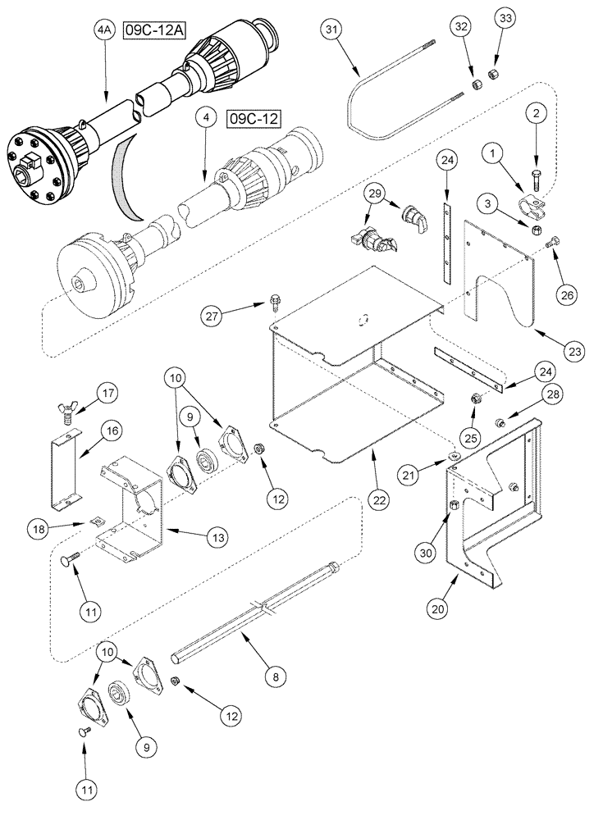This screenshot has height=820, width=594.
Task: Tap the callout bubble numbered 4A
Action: click(x=103, y=32)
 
